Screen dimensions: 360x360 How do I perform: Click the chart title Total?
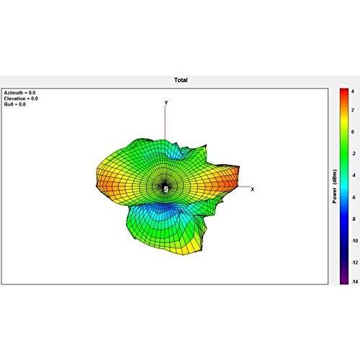pyautogui.click(x=181, y=80)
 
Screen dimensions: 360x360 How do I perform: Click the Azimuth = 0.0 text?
pyautogui.click(x=19, y=93)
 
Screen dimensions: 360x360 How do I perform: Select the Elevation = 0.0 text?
pyautogui.click(x=21, y=99)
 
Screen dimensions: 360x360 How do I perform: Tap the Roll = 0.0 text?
pyautogui.click(x=14, y=104)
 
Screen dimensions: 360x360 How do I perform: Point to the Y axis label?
pyautogui.click(x=166, y=103)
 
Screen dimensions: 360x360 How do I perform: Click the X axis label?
pyautogui.click(x=252, y=189)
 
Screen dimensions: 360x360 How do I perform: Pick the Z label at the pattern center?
pyautogui.click(x=166, y=189)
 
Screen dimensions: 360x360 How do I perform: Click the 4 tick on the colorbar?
pyautogui.click(x=353, y=91)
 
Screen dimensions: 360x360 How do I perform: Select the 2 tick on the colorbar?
pyautogui.click(x=353, y=110)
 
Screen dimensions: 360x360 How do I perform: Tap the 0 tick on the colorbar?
pyautogui.click(x=353, y=132)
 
